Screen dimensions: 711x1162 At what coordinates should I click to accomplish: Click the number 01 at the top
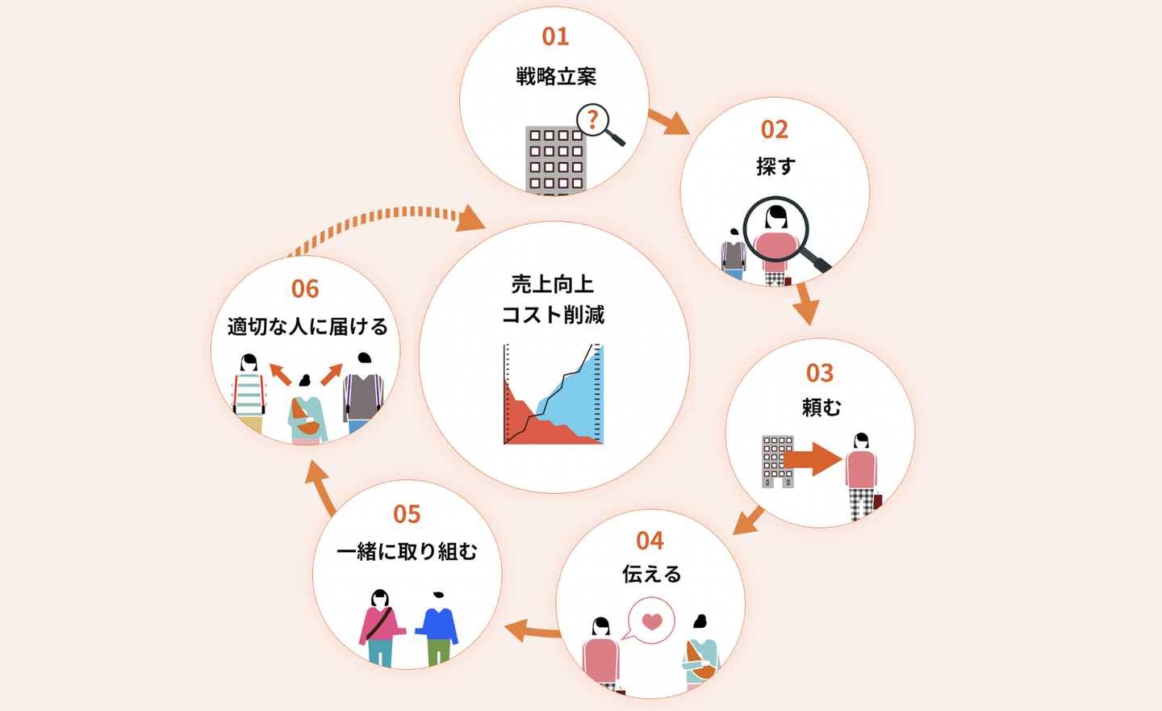coord(555,36)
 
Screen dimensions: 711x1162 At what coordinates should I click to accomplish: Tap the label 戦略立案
coord(556,77)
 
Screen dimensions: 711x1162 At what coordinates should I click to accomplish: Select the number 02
coord(774,130)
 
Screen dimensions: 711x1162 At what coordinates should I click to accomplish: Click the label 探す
coord(775,166)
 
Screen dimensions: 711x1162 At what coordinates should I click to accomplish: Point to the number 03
coord(819,373)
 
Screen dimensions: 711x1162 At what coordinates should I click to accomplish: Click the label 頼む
coord(821,408)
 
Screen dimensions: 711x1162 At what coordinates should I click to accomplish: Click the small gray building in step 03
coord(777,461)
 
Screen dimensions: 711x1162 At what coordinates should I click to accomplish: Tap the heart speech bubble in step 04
coord(651,621)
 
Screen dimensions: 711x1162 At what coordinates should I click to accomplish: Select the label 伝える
coord(651,574)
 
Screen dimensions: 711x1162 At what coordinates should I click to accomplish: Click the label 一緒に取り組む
coord(407,551)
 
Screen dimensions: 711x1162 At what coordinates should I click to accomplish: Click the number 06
coord(305,289)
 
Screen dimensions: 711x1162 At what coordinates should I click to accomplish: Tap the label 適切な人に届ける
coord(307,327)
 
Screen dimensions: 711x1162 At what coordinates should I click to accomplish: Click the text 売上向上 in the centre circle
coord(553,284)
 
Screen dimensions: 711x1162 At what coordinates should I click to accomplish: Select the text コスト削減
coord(553,315)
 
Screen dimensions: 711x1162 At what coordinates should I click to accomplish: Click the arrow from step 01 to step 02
coord(668,122)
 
